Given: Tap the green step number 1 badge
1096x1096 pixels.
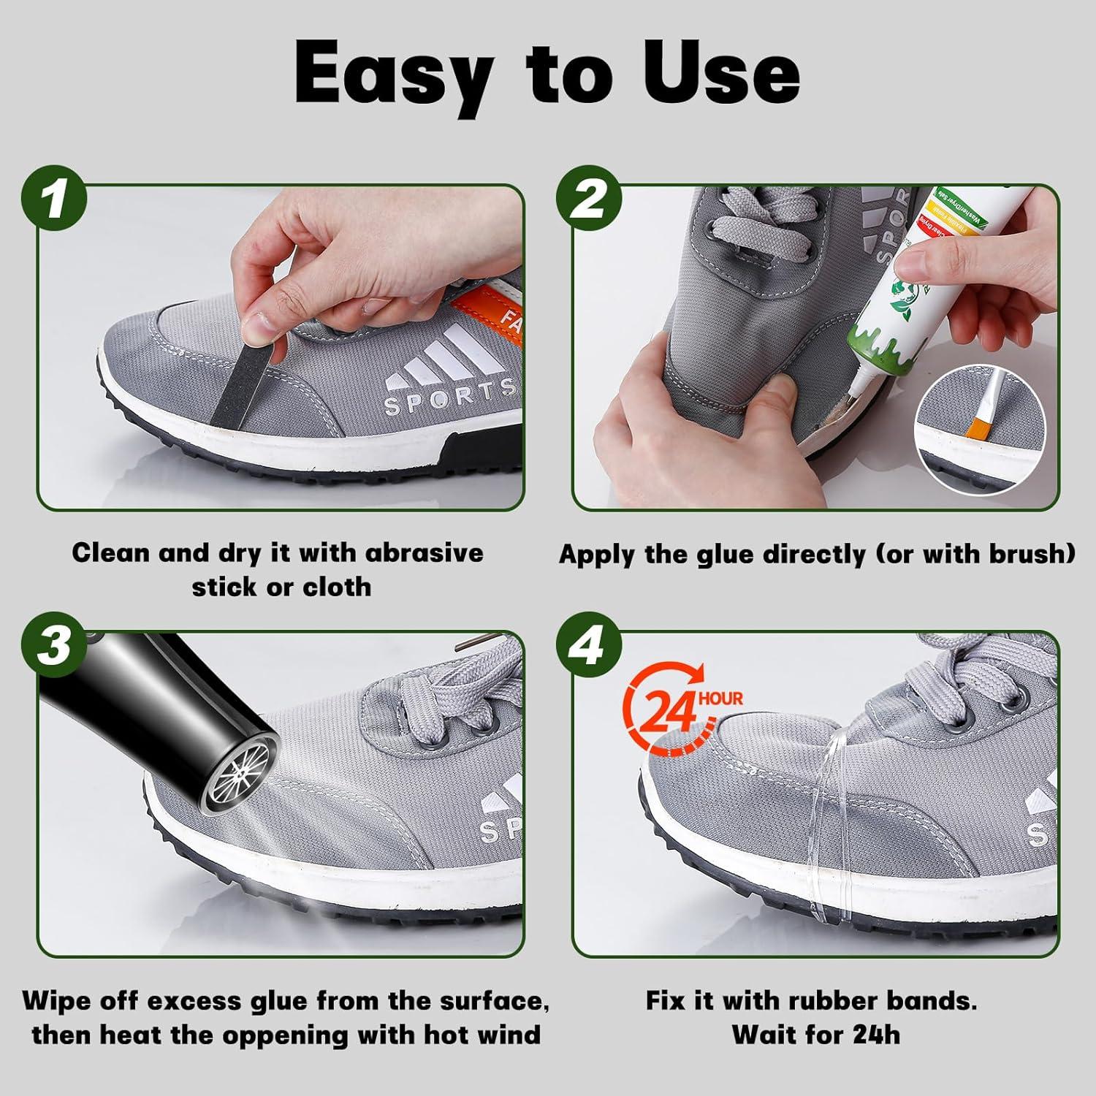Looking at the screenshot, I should [x=55, y=199].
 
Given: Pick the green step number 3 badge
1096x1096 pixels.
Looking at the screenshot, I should [x=55, y=647].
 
